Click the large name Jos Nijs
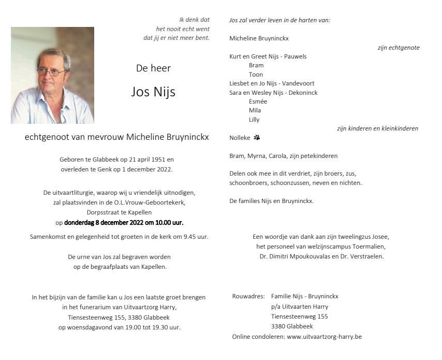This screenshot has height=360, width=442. point(153,92)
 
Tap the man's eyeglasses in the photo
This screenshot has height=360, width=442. point(50,71)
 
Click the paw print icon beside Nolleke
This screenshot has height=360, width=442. point(257,138)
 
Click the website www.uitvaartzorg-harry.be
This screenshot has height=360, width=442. point(324,337)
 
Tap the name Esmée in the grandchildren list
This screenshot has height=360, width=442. point(258,102)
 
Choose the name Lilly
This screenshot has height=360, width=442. point(254,120)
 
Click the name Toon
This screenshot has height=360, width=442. point(256,75)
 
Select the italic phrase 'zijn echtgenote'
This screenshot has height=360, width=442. point(399,48)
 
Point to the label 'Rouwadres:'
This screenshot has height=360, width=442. point(248,296)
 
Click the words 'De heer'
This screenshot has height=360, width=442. point(153,68)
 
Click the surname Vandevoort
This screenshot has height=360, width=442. point(298,83)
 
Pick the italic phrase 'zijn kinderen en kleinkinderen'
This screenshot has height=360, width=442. point(377,128)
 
